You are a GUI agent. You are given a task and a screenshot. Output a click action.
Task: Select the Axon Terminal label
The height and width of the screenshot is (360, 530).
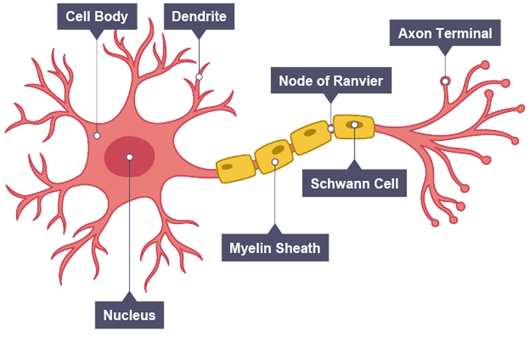(445, 33)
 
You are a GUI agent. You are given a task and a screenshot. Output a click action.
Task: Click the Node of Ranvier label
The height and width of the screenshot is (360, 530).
(331, 82)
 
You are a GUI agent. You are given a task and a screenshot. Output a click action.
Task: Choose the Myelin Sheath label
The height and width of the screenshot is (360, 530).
(275, 249)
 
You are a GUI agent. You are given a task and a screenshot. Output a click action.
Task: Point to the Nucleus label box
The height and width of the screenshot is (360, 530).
(129, 315)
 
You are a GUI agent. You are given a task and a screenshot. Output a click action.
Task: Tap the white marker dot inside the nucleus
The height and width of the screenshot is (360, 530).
(130, 157)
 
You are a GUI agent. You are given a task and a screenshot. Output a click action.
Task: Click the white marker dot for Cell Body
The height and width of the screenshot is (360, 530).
(97, 136)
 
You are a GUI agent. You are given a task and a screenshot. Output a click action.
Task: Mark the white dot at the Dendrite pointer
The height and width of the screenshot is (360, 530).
(199, 77)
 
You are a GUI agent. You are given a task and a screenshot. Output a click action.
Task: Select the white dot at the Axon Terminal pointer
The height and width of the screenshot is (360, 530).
(445, 81)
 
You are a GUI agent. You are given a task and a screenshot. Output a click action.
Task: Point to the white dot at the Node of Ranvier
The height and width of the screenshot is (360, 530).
(331, 128)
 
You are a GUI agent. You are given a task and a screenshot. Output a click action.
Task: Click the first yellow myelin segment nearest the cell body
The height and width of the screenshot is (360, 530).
(235, 169)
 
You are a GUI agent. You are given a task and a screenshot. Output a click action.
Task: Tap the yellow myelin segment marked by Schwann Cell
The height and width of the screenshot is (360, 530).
(354, 126)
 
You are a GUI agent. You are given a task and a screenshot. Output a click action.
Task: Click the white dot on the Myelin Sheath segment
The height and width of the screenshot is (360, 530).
(275, 161)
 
